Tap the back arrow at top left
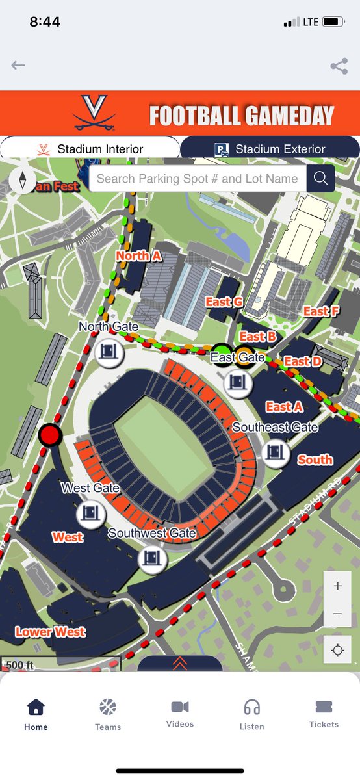coord(18,65)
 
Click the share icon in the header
coord(338,66)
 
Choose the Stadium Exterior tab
coord(270,149)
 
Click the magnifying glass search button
coord(320,179)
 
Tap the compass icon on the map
coord(23,180)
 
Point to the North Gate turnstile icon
coord(109,352)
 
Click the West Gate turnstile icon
coord(91,514)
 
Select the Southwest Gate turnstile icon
coord(153,558)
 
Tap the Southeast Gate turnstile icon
coord(276,452)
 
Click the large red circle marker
coord(50,435)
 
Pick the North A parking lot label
coord(138,255)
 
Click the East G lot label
coord(224,302)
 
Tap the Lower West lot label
coord(51,631)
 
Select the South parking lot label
coord(315,460)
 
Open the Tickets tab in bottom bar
coord(324,714)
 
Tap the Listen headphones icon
coord(251,714)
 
